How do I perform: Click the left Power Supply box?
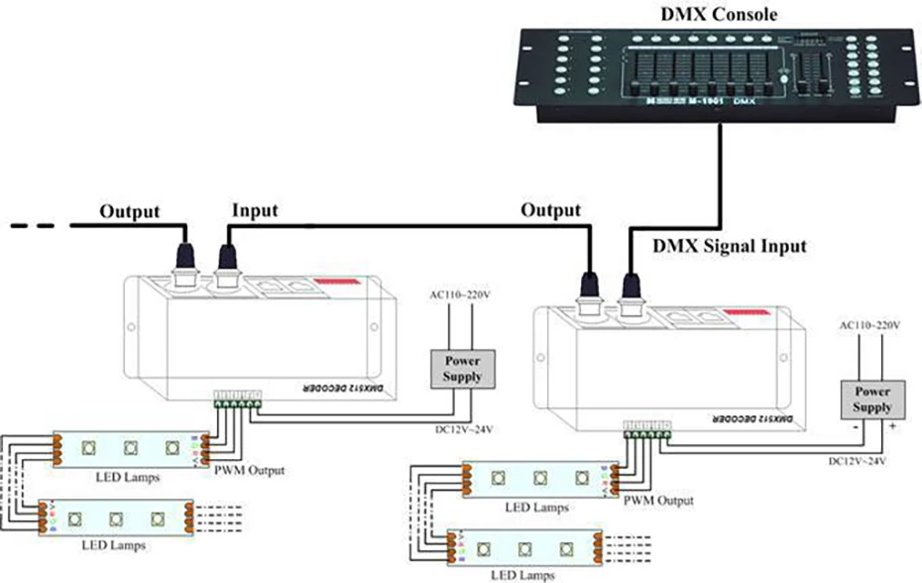[463, 368]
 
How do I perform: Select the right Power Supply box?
[872, 400]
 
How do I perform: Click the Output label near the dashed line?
[129, 211]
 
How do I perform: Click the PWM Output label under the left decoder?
[250, 470]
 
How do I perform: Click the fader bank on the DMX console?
[694, 74]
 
